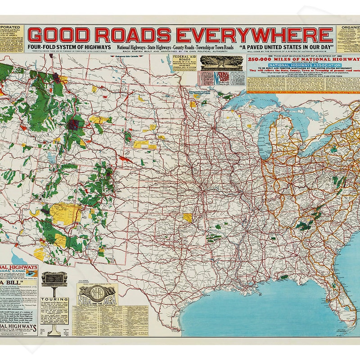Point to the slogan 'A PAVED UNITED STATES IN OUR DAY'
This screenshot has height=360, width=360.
pyautogui.click(x=287, y=47)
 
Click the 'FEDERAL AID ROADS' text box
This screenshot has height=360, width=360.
pyautogui.click(x=184, y=63)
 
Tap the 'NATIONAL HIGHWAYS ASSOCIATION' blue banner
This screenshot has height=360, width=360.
pyautogui.click(x=291, y=65)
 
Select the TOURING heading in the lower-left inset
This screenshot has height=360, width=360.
pyautogui.click(x=54, y=300)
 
